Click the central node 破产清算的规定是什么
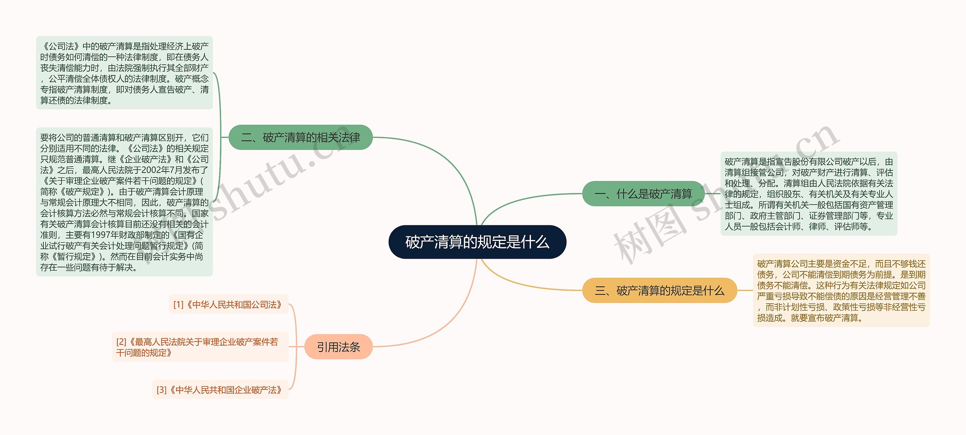(x=477, y=242)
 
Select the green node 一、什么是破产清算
(x=643, y=194)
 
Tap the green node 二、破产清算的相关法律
(x=300, y=137)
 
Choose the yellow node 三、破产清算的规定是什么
(x=659, y=290)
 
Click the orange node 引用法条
(x=338, y=347)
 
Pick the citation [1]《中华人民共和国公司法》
(x=228, y=305)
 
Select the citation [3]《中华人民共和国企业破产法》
(x=220, y=390)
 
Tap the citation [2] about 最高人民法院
(x=200, y=347)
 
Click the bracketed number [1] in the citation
(x=178, y=305)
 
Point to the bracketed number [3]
(x=162, y=390)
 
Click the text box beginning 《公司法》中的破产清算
(x=124, y=73)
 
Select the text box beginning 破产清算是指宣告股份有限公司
(x=809, y=194)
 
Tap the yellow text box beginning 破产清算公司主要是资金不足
(x=841, y=290)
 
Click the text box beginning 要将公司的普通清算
(x=124, y=202)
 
